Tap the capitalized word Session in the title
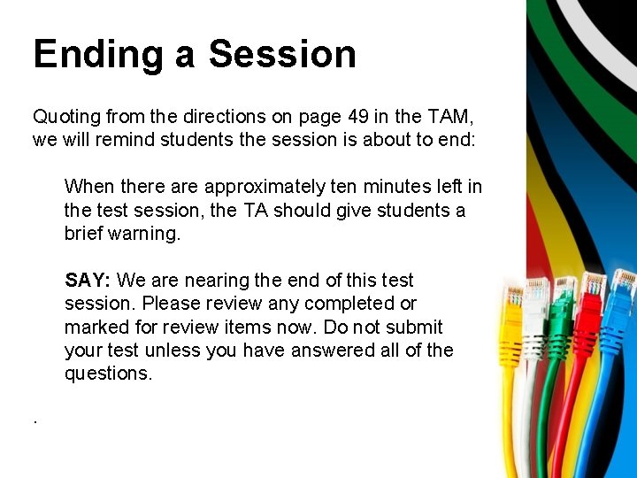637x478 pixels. (282, 54)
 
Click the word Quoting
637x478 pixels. (66, 117)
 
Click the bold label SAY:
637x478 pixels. (87, 281)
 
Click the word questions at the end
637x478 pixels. (107, 374)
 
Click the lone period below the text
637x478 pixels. (35, 420)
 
